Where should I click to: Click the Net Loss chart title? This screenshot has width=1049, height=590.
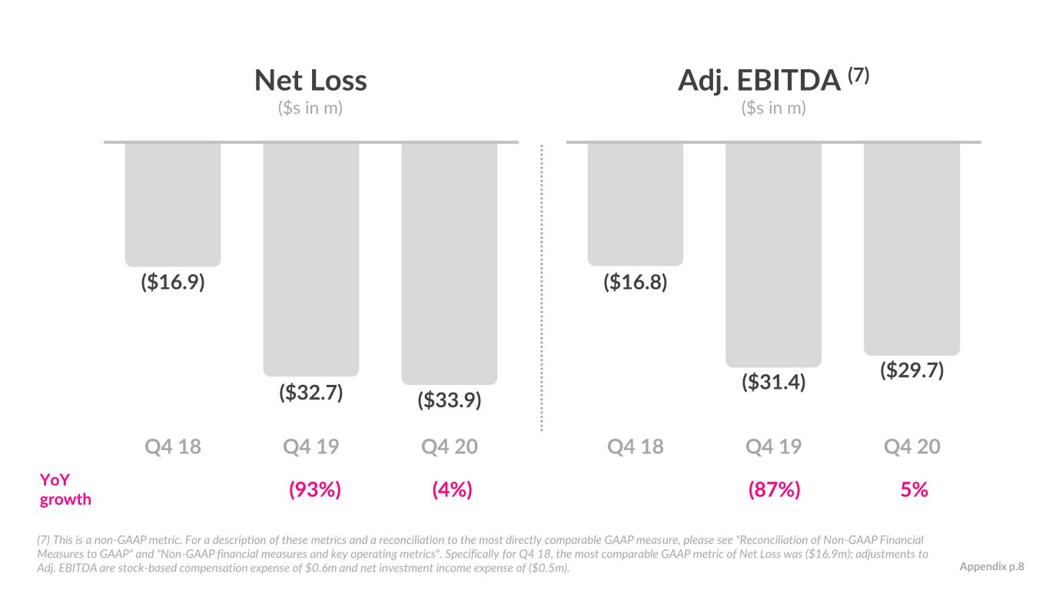[x=310, y=81]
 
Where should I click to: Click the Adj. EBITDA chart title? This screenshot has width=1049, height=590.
[x=773, y=80]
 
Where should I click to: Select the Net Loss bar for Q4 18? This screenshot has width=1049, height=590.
[x=173, y=204]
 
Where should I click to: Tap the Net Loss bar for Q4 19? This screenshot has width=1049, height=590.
[x=311, y=260]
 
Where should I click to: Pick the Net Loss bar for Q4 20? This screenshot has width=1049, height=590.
[x=449, y=264]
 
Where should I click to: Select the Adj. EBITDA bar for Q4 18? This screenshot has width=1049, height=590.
[x=636, y=204]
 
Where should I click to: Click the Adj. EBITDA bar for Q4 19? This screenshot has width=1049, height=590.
[x=774, y=255]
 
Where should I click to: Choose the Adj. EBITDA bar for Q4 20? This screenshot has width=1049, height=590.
[x=911, y=249]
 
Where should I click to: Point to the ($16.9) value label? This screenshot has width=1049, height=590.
[x=173, y=283]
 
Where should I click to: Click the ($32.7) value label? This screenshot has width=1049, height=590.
[x=311, y=393]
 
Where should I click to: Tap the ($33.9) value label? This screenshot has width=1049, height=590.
[x=449, y=400]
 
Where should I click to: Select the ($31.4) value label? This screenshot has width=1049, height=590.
[x=774, y=382]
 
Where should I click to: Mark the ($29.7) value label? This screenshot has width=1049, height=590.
[x=911, y=370]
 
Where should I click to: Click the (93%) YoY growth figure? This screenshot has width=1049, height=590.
[x=315, y=490]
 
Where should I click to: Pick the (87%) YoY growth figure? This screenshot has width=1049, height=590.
[x=774, y=490]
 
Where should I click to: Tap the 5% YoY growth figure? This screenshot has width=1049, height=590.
[x=914, y=490]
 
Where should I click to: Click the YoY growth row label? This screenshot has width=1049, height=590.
[x=65, y=490]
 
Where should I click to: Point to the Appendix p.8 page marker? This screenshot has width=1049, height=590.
[x=991, y=567]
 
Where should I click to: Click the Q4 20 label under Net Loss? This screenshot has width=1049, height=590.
[x=449, y=446]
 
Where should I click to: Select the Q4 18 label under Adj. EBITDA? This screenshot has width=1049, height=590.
[x=636, y=446]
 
